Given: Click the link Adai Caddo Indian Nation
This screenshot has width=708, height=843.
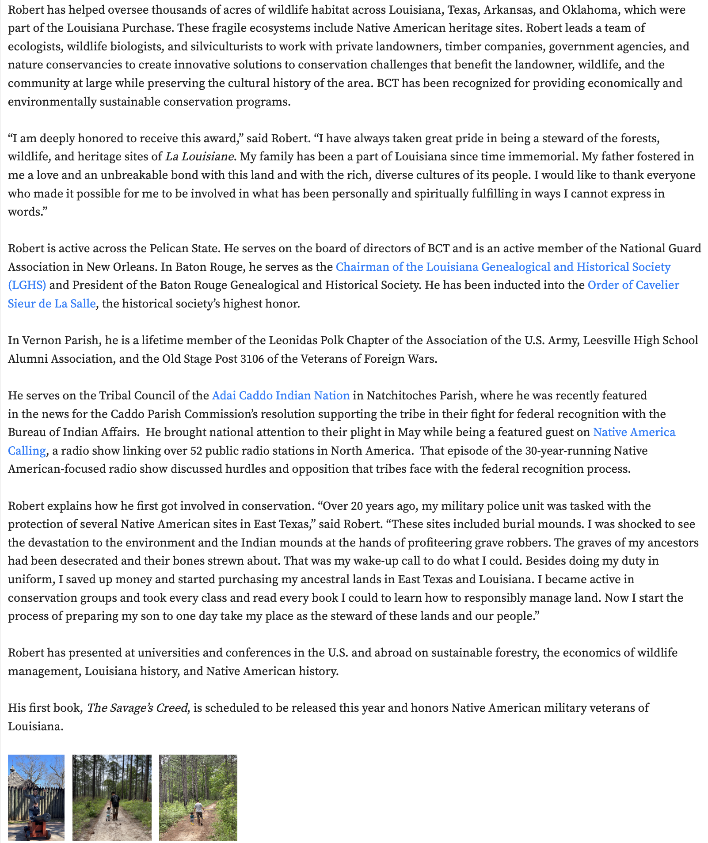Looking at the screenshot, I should (281, 395).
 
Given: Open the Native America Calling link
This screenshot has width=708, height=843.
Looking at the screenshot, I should (634, 432).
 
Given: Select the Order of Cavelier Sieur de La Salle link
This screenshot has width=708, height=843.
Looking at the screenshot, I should (633, 285).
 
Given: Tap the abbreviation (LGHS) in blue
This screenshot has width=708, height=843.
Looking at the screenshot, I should (27, 285).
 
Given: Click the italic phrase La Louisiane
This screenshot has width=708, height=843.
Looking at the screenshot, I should (200, 157).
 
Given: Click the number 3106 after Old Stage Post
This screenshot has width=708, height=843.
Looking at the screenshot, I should (252, 359).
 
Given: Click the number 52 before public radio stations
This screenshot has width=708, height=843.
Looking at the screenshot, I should (196, 451).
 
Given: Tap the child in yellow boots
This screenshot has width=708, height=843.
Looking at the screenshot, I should (192, 818).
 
